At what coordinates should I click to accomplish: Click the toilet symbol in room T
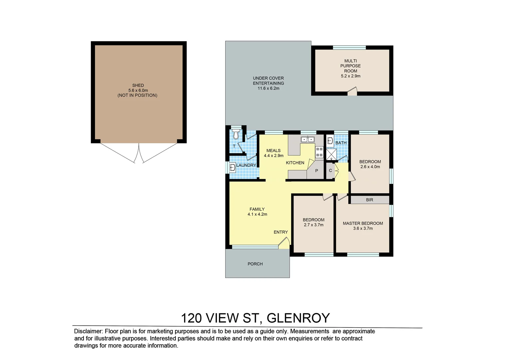pyautogui.click(x=236, y=134)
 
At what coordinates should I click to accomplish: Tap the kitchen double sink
pyautogui.click(x=307, y=139)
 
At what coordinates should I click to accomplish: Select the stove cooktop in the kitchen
pyautogui.click(x=319, y=152)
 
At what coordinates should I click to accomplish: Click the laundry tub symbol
pyautogui.click(x=233, y=167)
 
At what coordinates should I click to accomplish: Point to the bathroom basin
pyautogui.click(x=330, y=141)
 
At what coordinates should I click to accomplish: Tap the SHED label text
pyautogui.click(x=138, y=85)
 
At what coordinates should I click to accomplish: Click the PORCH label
pyautogui.click(x=255, y=264)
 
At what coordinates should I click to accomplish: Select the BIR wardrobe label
pyautogui.click(x=369, y=200)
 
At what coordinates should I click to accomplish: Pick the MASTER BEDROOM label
pyautogui.click(x=363, y=223)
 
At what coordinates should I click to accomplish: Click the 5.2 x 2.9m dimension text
pyautogui.click(x=350, y=76)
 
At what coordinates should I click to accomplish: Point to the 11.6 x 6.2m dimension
pyautogui.click(x=268, y=88)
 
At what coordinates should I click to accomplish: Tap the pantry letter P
pyautogui.click(x=316, y=171)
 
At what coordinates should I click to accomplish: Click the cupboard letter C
pyautogui.click(x=330, y=171)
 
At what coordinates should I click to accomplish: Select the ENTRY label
pyautogui.click(x=280, y=232)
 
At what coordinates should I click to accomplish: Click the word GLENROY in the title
pyautogui.click(x=298, y=318)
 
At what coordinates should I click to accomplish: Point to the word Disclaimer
pyautogui.click(x=88, y=331)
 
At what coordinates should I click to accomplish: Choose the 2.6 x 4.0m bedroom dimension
pyautogui.click(x=370, y=167)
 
